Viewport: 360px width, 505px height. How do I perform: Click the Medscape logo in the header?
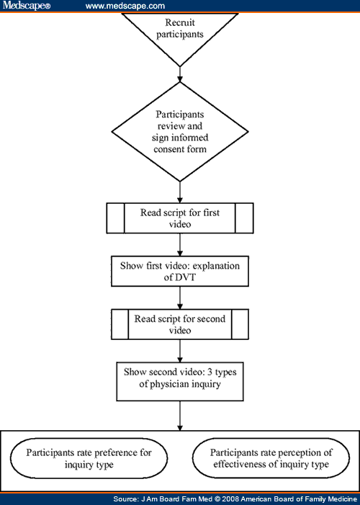27,6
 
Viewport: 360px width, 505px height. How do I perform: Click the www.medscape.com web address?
125,6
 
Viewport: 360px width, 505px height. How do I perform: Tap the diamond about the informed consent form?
180,132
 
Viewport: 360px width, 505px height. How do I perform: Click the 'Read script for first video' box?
180,218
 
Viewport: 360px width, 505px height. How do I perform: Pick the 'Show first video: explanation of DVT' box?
180,271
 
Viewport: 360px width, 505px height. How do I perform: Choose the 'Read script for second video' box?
180,324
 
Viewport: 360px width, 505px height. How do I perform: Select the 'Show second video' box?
180,381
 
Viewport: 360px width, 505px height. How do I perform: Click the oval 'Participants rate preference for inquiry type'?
89,458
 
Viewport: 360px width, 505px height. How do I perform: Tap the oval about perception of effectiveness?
271,458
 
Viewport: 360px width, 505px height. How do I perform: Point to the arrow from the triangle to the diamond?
180,74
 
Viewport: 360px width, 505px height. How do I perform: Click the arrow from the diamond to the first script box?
180,192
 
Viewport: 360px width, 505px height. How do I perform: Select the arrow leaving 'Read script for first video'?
180,245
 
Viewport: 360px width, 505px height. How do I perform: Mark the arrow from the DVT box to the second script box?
180,298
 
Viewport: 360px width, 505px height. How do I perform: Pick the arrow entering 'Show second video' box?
180,351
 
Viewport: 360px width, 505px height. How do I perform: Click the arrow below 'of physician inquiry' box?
180,416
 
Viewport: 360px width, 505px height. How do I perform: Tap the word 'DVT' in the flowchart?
184,277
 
